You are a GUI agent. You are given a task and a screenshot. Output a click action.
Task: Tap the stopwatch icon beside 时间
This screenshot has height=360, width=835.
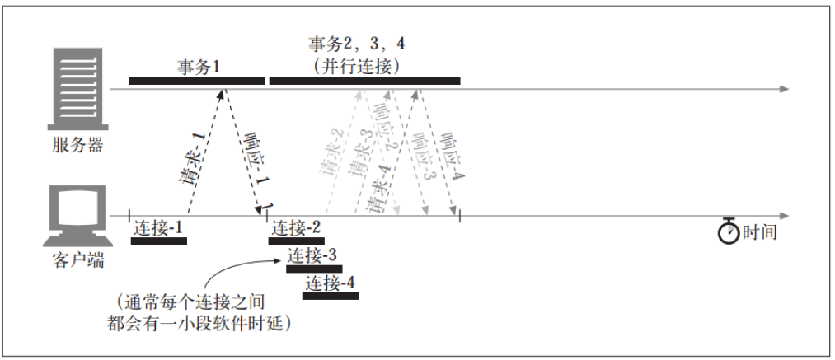[x=728, y=231]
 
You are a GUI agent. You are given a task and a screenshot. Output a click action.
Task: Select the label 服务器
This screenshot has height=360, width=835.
[x=77, y=145]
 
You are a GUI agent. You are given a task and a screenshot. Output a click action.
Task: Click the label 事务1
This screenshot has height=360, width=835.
[x=198, y=67]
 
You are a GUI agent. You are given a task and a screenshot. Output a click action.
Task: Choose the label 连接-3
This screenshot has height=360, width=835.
[x=312, y=255]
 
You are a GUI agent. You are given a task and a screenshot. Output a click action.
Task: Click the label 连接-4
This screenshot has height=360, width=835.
[x=330, y=283]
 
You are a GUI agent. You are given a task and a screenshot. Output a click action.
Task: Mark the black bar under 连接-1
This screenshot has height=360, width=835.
[x=159, y=241]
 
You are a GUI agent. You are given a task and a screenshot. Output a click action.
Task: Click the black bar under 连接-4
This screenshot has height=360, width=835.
[x=331, y=296]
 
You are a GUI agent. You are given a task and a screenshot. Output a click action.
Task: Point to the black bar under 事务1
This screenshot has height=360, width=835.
[x=196, y=81]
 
